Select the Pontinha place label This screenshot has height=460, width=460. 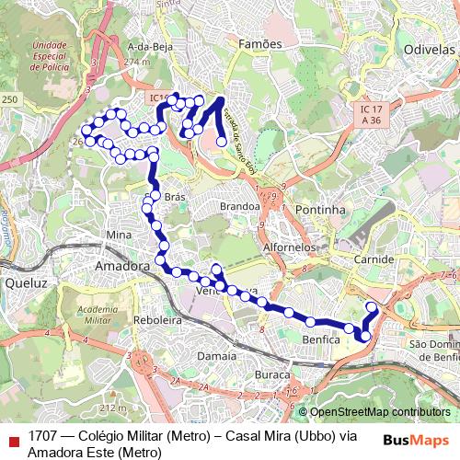point(320,210)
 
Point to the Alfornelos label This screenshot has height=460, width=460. point(289,247)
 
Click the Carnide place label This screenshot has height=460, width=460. point(374,260)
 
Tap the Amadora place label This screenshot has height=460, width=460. point(122,265)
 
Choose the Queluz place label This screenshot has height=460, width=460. point(25,284)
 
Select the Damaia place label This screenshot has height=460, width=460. point(217,354)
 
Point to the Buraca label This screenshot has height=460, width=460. point(272,375)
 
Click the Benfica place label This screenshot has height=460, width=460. point(322,339)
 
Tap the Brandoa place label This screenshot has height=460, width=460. point(240,207)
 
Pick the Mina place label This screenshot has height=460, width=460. point(120,236)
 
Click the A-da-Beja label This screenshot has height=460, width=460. point(152,47)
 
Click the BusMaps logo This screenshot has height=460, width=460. point(416,440)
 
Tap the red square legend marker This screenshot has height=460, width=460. point(13,440)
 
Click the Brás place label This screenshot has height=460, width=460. point(174,197)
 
